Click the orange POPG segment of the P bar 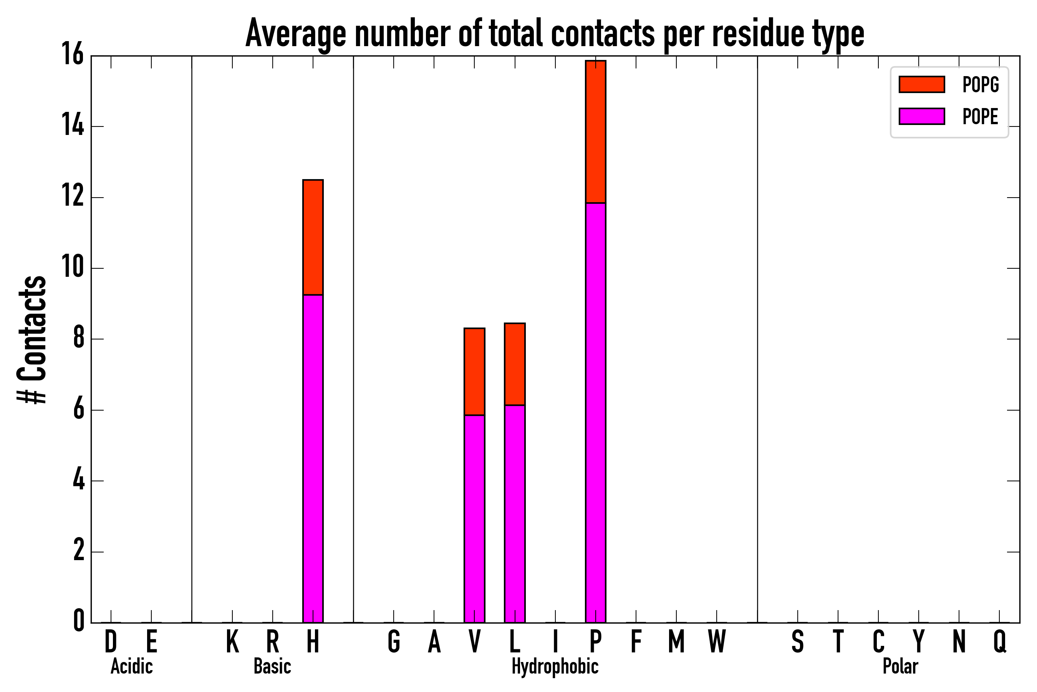click(x=596, y=131)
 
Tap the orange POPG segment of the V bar click(x=474, y=372)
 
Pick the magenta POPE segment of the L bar click(x=515, y=514)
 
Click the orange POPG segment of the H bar click(x=313, y=237)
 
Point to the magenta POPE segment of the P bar click(x=596, y=412)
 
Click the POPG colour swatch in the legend click(x=921, y=84)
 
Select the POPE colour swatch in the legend click(x=921, y=116)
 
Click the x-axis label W click(x=717, y=642)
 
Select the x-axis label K click(x=232, y=642)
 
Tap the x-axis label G click(x=394, y=642)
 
